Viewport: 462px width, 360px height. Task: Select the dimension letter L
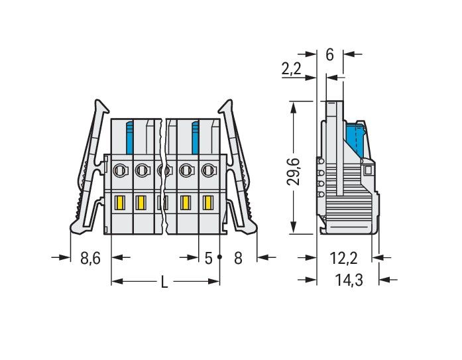click(164, 282)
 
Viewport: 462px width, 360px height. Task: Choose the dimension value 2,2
click(292, 68)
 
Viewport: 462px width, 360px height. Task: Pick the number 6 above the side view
click(329, 55)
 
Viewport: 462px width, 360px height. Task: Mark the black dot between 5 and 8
click(219, 256)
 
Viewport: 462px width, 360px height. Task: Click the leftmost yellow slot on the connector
click(120, 203)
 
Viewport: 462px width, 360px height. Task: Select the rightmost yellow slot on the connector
click(207, 203)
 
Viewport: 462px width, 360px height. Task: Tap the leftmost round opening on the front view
click(120, 170)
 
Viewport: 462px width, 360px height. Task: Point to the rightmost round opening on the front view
click(207, 170)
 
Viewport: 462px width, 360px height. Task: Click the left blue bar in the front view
click(130, 136)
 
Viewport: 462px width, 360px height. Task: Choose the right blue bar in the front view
click(196, 136)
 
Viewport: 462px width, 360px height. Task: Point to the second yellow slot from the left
click(141, 203)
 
